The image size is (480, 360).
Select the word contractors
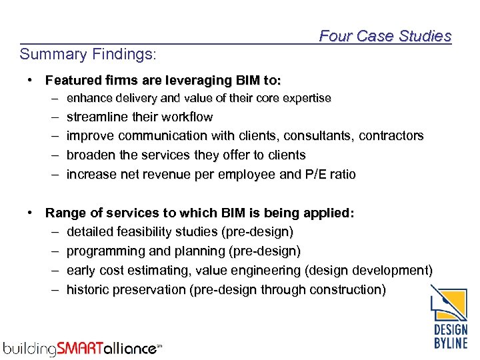[391, 136]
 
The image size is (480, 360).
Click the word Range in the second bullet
[63, 213]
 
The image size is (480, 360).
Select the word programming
[103, 251]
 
